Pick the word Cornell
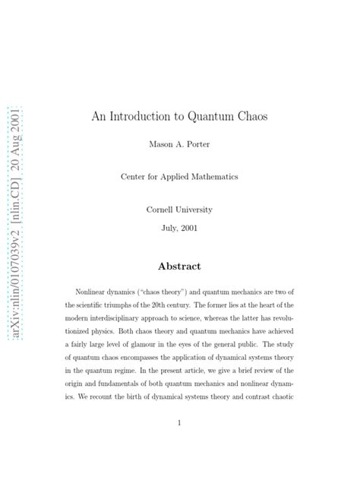pyautogui.click(x=162, y=208)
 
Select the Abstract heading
pyautogui.click(x=179, y=266)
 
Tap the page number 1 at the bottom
pyautogui.click(x=179, y=423)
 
